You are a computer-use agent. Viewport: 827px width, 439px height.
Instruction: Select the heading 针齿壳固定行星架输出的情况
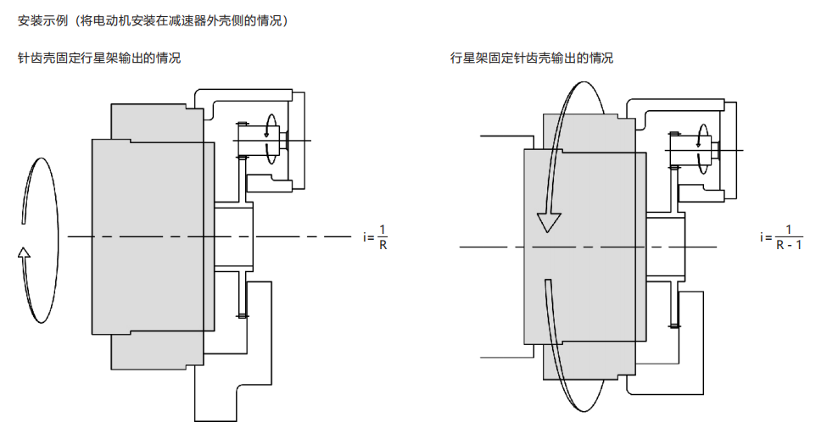(x=99, y=58)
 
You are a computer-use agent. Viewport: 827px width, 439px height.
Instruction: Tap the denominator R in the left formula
(x=383, y=246)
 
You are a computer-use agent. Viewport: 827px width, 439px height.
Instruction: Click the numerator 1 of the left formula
(x=383, y=230)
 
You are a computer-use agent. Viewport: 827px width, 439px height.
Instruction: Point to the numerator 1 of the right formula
(x=789, y=230)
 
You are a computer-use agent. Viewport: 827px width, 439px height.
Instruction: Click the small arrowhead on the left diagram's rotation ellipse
(x=24, y=251)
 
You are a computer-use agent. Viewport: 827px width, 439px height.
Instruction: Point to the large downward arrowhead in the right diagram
(x=549, y=222)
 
